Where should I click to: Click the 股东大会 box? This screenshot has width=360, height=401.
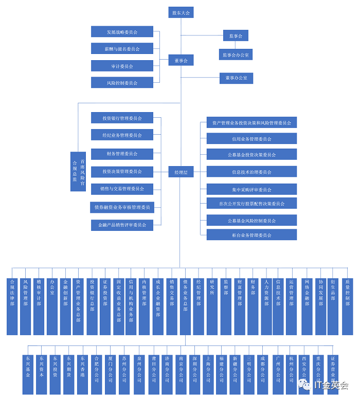181,13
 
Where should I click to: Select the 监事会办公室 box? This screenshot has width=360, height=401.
236,54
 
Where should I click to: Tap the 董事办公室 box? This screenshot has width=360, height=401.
236,78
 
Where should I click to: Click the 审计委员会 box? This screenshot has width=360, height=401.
122,66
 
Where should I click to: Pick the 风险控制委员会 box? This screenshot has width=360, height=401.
122,82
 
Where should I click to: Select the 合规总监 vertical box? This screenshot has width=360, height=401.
75,172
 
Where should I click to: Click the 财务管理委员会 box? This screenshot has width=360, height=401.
122,153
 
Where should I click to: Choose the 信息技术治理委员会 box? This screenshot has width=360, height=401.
251,172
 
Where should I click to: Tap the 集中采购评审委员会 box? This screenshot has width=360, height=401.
251,189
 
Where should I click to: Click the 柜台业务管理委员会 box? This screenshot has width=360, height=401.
251,235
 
